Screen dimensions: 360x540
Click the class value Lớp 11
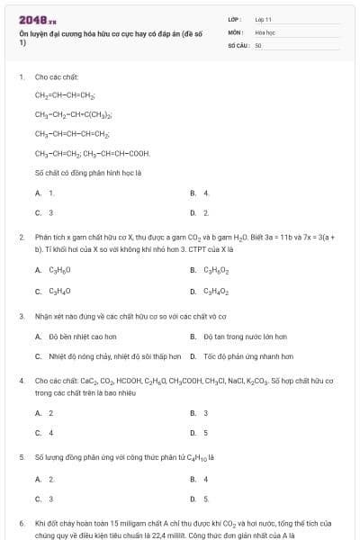point(263,18)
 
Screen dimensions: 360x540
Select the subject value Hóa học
point(265,31)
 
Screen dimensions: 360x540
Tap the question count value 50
point(258,43)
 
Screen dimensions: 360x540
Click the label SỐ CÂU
point(238,43)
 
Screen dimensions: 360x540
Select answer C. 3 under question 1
point(44,212)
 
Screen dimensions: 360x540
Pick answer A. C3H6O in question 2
point(53,269)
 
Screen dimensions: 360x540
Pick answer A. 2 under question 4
point(44,413)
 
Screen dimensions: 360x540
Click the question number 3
point(21,316)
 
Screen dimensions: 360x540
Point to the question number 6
point(21,522)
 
